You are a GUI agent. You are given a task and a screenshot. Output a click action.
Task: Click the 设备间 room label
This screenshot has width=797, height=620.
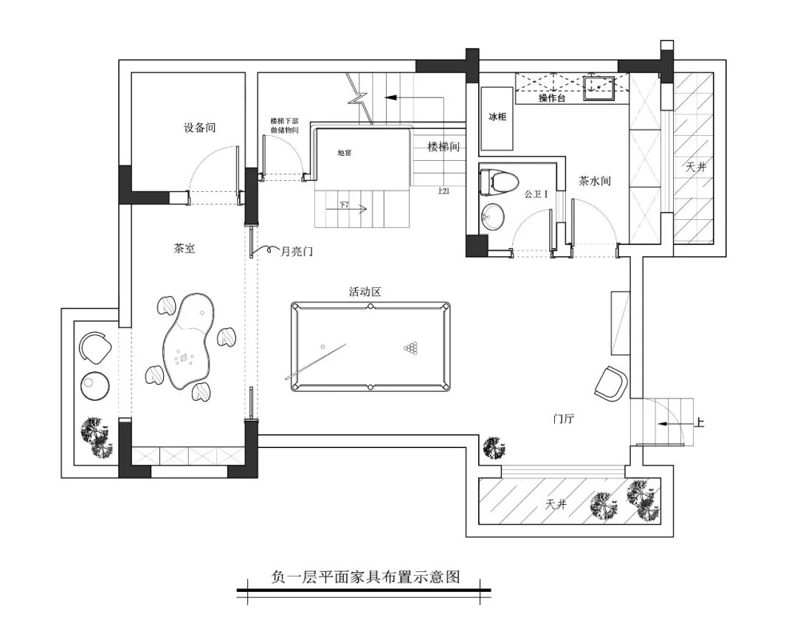point(199,128)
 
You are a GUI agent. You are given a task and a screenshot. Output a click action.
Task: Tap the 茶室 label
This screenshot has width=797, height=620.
point(184,249)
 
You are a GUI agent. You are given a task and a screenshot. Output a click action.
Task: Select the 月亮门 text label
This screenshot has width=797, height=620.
point(297,252)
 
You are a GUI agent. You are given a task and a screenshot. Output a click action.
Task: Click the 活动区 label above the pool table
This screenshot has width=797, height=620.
point(365,292)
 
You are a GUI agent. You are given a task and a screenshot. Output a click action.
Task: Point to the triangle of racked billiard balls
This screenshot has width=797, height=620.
point(410,348)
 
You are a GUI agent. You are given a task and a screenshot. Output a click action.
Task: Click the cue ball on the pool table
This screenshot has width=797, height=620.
point(322,347)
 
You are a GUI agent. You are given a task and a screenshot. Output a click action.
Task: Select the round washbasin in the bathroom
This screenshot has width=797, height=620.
point(492,216)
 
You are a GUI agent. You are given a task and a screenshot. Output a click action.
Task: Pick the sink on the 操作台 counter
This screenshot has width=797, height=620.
point(598,87)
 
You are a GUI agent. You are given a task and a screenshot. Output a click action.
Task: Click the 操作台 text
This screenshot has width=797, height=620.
point(551,98)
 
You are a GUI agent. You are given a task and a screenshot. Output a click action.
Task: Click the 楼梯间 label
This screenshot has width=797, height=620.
point(444,147)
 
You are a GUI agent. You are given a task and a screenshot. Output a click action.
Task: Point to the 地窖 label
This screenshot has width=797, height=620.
point(345,154)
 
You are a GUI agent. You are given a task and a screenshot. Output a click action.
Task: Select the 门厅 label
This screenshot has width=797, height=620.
point(564,418)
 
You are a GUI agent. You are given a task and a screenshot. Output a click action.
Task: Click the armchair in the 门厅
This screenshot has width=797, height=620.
point(611,384)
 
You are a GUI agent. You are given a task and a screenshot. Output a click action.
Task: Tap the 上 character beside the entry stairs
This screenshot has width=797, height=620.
point(700,423)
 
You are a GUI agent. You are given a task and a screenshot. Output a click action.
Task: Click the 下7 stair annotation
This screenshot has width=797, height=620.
point(345,204)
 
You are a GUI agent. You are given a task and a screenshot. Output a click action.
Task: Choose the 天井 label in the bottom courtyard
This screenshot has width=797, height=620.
point(556,505)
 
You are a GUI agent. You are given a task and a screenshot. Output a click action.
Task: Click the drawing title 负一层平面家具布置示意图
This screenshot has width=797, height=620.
point(365,577)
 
